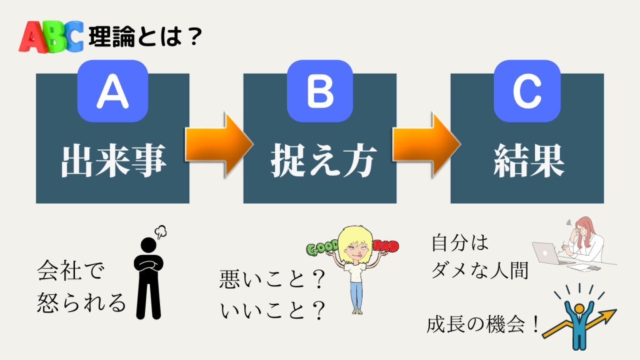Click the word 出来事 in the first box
pos(112,161)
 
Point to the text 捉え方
pos(320,161)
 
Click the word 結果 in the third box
pos(527,161)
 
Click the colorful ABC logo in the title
pos(51,37)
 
